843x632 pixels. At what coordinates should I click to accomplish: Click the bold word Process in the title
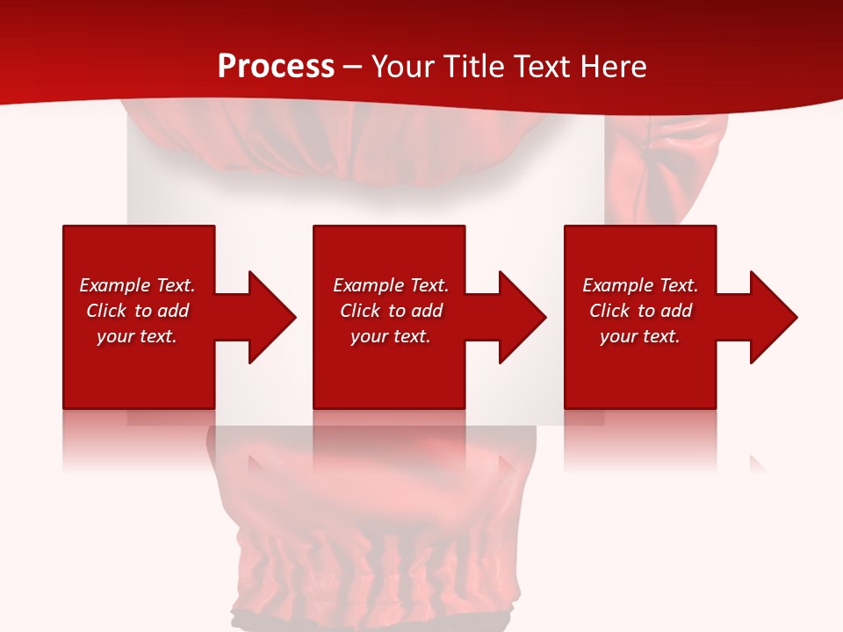coord(276,67)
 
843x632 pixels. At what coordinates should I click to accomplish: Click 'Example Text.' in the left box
coord(137,285)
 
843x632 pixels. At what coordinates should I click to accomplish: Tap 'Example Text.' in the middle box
coord(390,285)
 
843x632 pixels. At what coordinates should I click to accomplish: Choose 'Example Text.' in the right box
coord(640,285)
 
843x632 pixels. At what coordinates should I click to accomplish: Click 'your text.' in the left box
coord(137,336)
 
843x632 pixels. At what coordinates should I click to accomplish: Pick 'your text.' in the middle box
coord(390,336)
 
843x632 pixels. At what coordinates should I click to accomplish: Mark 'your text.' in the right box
coord(640,336)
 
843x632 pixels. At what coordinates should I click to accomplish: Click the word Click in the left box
coord(106,311)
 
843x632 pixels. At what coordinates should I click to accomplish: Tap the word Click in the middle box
coord(360,311)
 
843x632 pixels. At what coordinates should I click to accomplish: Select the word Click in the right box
coord(609,311)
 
